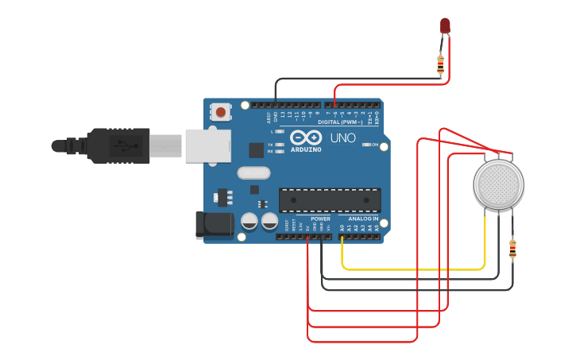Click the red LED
coord(445,25)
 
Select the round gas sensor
coord(498,184)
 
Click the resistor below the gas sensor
coord(512,250)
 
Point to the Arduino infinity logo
coord(304,137)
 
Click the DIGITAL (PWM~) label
coord(340,122)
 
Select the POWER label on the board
coord(320,218)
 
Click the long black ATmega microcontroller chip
coord(329,199)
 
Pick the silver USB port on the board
coord(207,145)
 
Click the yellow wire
coord(413,269)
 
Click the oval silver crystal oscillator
coord(253,172)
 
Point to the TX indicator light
coord(280,145)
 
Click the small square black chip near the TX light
coord(256,149)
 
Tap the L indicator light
coord(280,131)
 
